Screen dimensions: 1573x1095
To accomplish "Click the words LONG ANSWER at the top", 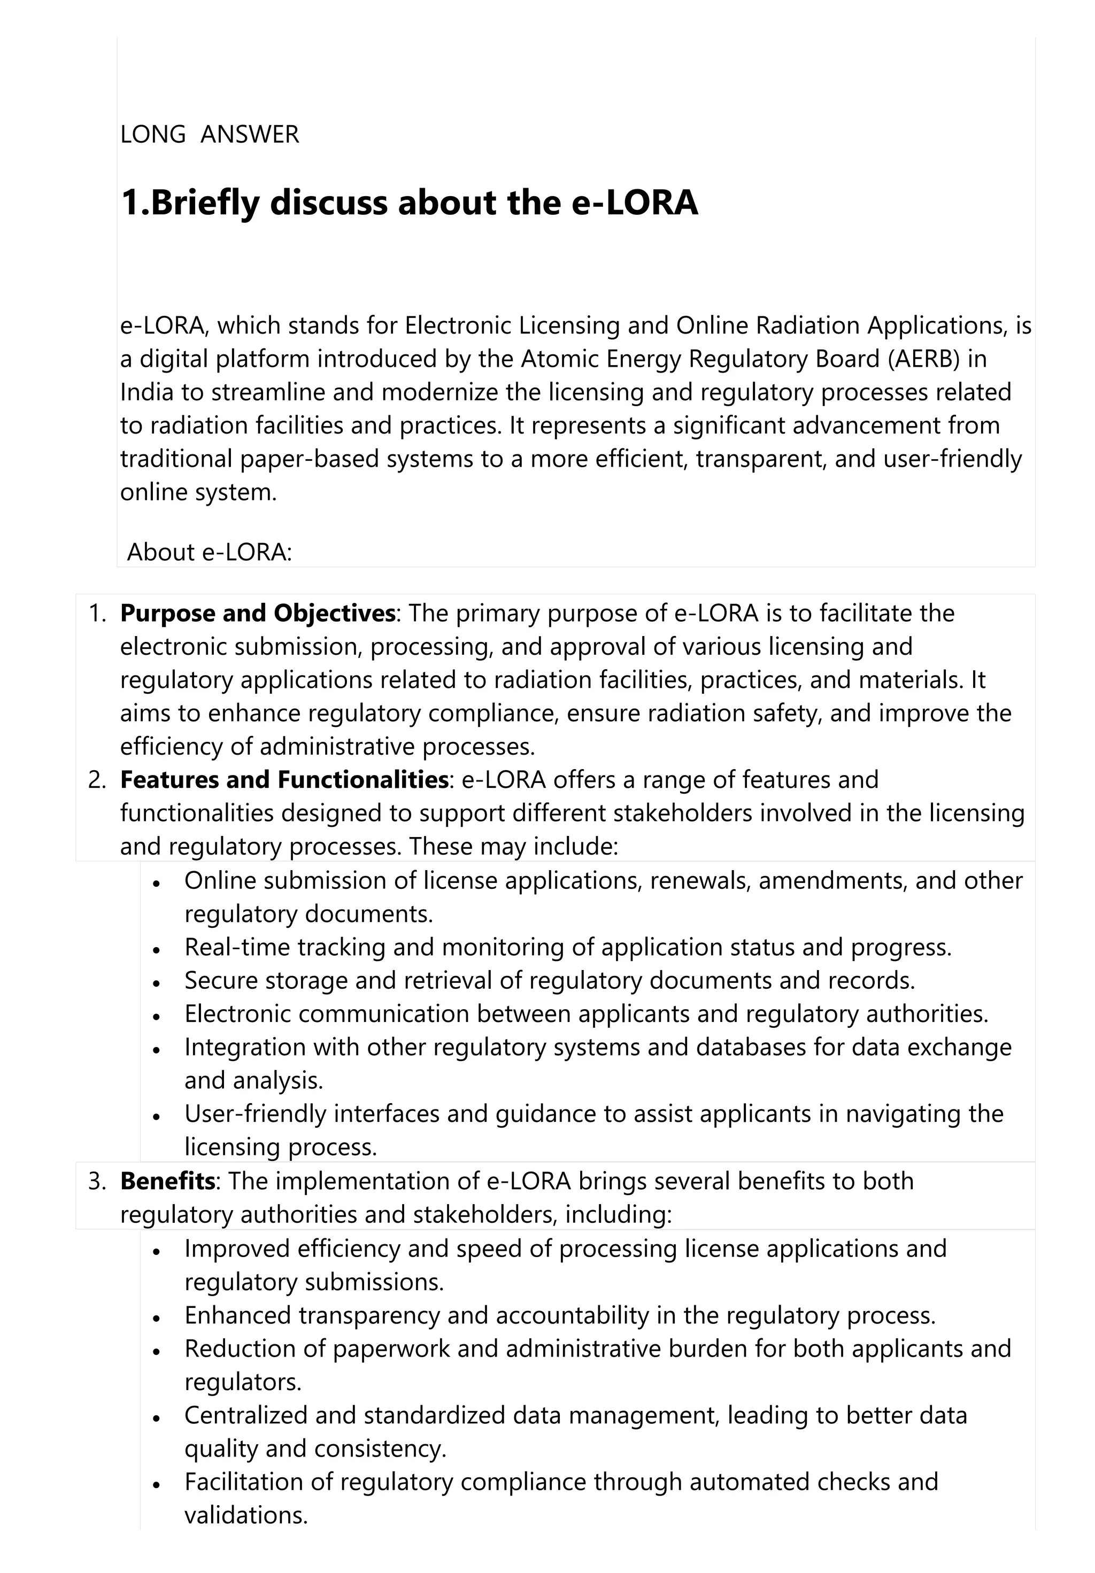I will pos(209,134).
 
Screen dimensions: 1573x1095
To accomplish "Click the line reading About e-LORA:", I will pos(209,552).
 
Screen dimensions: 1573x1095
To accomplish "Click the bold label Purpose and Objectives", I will pos(258,613).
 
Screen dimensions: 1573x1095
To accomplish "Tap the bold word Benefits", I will pos(167,1181).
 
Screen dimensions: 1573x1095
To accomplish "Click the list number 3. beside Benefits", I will pos(97,1182).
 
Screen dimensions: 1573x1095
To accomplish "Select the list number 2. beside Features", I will pos(97,780).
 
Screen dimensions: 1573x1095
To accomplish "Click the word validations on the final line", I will pos(245,1515).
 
